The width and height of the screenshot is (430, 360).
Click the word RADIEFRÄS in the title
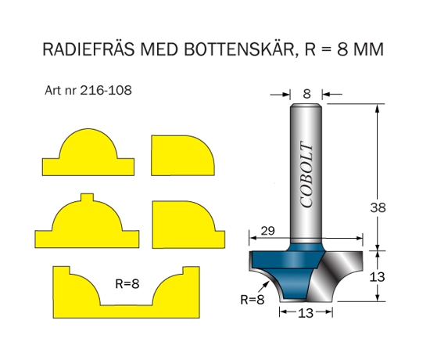(x=88, y=49)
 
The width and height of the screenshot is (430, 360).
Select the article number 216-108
(x=106, y=90)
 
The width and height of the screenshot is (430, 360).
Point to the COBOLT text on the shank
(x=306, y=175)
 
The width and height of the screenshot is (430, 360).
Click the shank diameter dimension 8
(x=307, y=94)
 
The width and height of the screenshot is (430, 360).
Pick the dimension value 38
(x=378, y=207)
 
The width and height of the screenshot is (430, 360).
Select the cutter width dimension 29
(x=267, y=231)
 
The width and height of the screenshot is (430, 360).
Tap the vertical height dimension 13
(x=378, y=277)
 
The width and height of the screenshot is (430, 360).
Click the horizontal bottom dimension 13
(x=306, y=313)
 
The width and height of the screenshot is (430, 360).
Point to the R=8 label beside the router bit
(x=253, y=299)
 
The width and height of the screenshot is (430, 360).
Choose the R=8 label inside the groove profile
(x=127, y=283)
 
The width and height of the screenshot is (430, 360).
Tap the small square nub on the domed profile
(x=88, y=197)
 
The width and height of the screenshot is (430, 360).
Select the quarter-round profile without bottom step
(x=183, y=156)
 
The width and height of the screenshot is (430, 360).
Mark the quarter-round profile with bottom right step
(x=188, y=225)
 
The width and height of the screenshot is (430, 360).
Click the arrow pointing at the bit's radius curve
(x=263, y=288)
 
